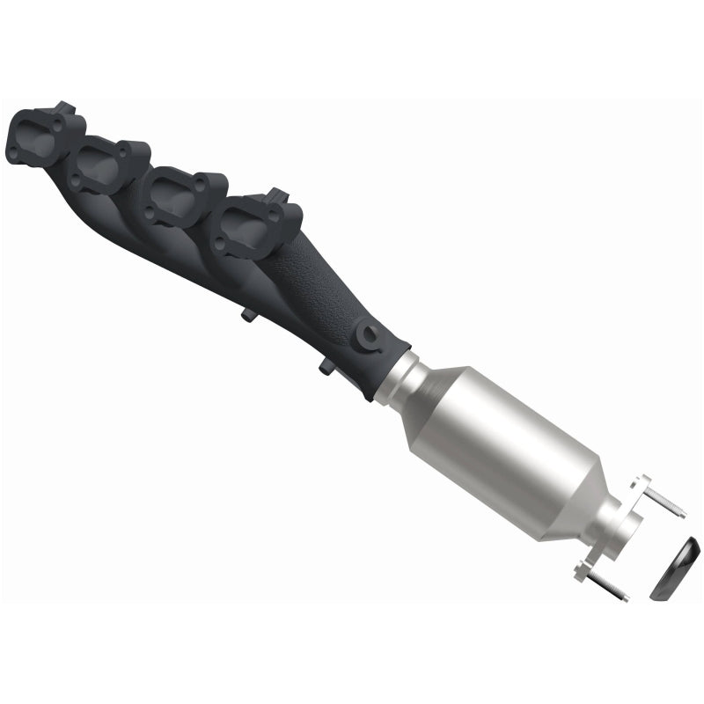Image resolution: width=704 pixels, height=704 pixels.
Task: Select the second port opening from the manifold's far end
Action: click(x=99, y=165)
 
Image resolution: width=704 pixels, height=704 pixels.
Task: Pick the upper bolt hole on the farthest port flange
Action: click(x=58, y=125)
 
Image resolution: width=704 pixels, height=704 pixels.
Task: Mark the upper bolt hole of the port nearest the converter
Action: click(x=272, y=215)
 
